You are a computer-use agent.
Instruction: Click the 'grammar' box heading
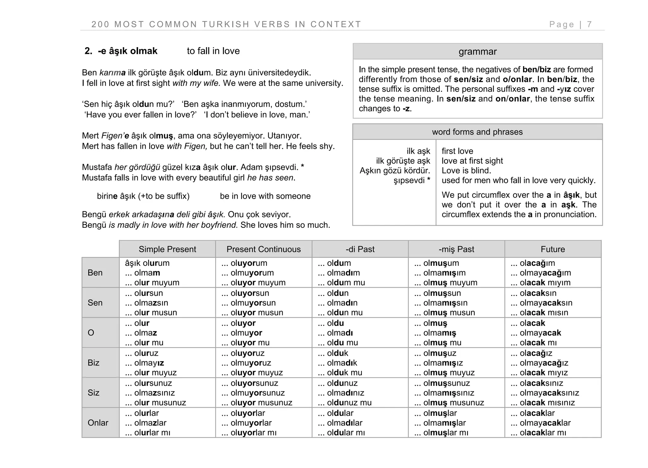[x=477, y=52]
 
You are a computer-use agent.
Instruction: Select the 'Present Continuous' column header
[x=263, y=249]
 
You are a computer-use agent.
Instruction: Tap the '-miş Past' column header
[x=456, y=249]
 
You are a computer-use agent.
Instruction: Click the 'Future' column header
[x=552, y=249]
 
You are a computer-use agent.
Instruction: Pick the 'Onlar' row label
[x=98, y=422]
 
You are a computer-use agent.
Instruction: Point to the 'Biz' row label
[x=93, y=363]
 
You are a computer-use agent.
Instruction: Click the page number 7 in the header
[x=589, y=24]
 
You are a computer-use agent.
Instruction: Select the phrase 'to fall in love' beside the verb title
[x=213, y=51]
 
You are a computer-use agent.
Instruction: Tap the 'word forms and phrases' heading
[x=477, y=132]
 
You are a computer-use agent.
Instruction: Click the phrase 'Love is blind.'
[x=466, y=171]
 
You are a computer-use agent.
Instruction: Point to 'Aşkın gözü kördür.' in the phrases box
[x=395, y=171]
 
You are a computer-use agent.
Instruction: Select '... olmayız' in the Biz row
[x=145, y=363]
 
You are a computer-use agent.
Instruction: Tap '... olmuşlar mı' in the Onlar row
[x=441, y=433]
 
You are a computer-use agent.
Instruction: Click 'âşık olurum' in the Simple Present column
[x=147, y=263]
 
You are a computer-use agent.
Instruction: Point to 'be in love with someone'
[x=265, y=196]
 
